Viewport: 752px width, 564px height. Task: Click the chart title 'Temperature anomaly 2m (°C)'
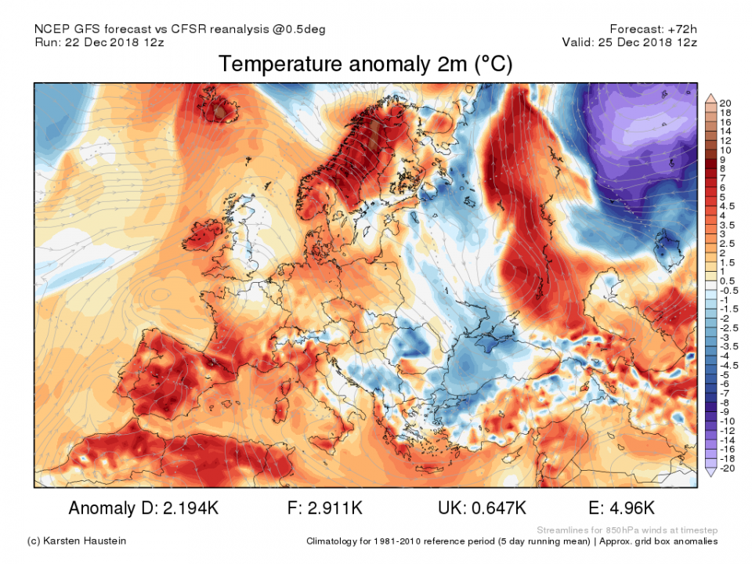pos(365,64)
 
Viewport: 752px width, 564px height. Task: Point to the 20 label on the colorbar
pos(725,103)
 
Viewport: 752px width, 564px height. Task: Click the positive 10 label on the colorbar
pos(725,150)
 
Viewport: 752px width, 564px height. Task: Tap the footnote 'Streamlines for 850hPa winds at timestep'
pos(627,530)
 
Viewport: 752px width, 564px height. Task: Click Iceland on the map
pos(221,110)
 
